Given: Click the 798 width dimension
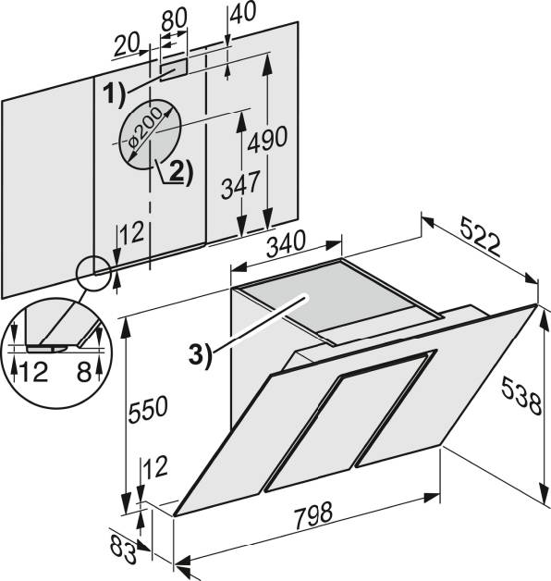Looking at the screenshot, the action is pyautogui.click(x=313, y=515).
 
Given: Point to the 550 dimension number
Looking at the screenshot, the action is pyautogui.click(x=148, y=409).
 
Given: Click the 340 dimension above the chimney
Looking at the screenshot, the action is pyautogui.click(x=287, y=244).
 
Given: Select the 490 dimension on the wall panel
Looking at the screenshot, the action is pyautogui.click(x=267, y=140).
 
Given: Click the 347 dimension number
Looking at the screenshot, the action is pyautogui.click(x=240, y=184).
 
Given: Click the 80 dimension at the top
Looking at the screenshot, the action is pyautogui.click(x=174, y=19).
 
